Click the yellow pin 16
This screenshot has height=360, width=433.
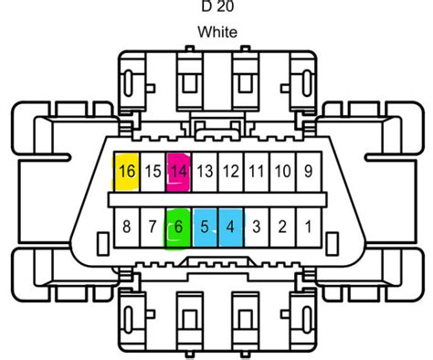point(126,172)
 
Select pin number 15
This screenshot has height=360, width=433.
point(153,172)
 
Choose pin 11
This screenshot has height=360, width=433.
point(257,172)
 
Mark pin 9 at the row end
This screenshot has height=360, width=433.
point(309,172)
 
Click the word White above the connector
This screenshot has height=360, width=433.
point(216,32)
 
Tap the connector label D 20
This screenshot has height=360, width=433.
point(216,6)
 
